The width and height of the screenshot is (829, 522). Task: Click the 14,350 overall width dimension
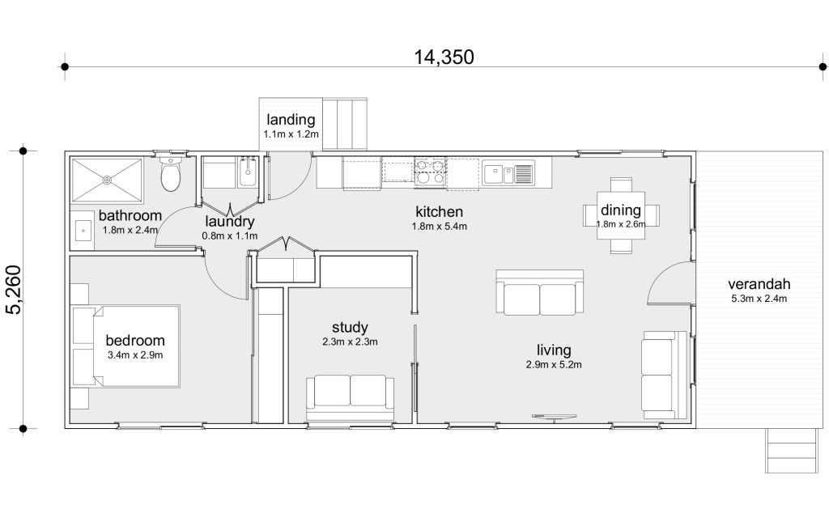tap(444, 57)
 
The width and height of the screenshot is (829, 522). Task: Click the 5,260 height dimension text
tap(15, 290)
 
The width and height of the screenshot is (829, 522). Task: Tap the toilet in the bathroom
tap(170, 174)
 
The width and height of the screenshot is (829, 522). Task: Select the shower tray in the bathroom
tap(108, 180)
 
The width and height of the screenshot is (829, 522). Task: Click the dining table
tap(621, 215)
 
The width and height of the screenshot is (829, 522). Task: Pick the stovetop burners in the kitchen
tap(430, 171)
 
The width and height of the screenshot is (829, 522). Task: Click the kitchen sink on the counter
tap(508, 173)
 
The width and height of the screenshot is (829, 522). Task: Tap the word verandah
tap(759, 284)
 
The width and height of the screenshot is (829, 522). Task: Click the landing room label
tap(291, 120)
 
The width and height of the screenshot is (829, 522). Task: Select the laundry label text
tap(230, 222)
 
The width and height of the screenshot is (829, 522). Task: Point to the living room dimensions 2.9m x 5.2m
tap(554, 364)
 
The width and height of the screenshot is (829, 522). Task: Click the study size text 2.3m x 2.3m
tap(350, 342)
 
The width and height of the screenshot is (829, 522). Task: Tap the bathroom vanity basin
tap(83, 231)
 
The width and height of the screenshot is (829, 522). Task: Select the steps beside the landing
tap(345, 123)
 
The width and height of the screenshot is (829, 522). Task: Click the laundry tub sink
tap(248, 172)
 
